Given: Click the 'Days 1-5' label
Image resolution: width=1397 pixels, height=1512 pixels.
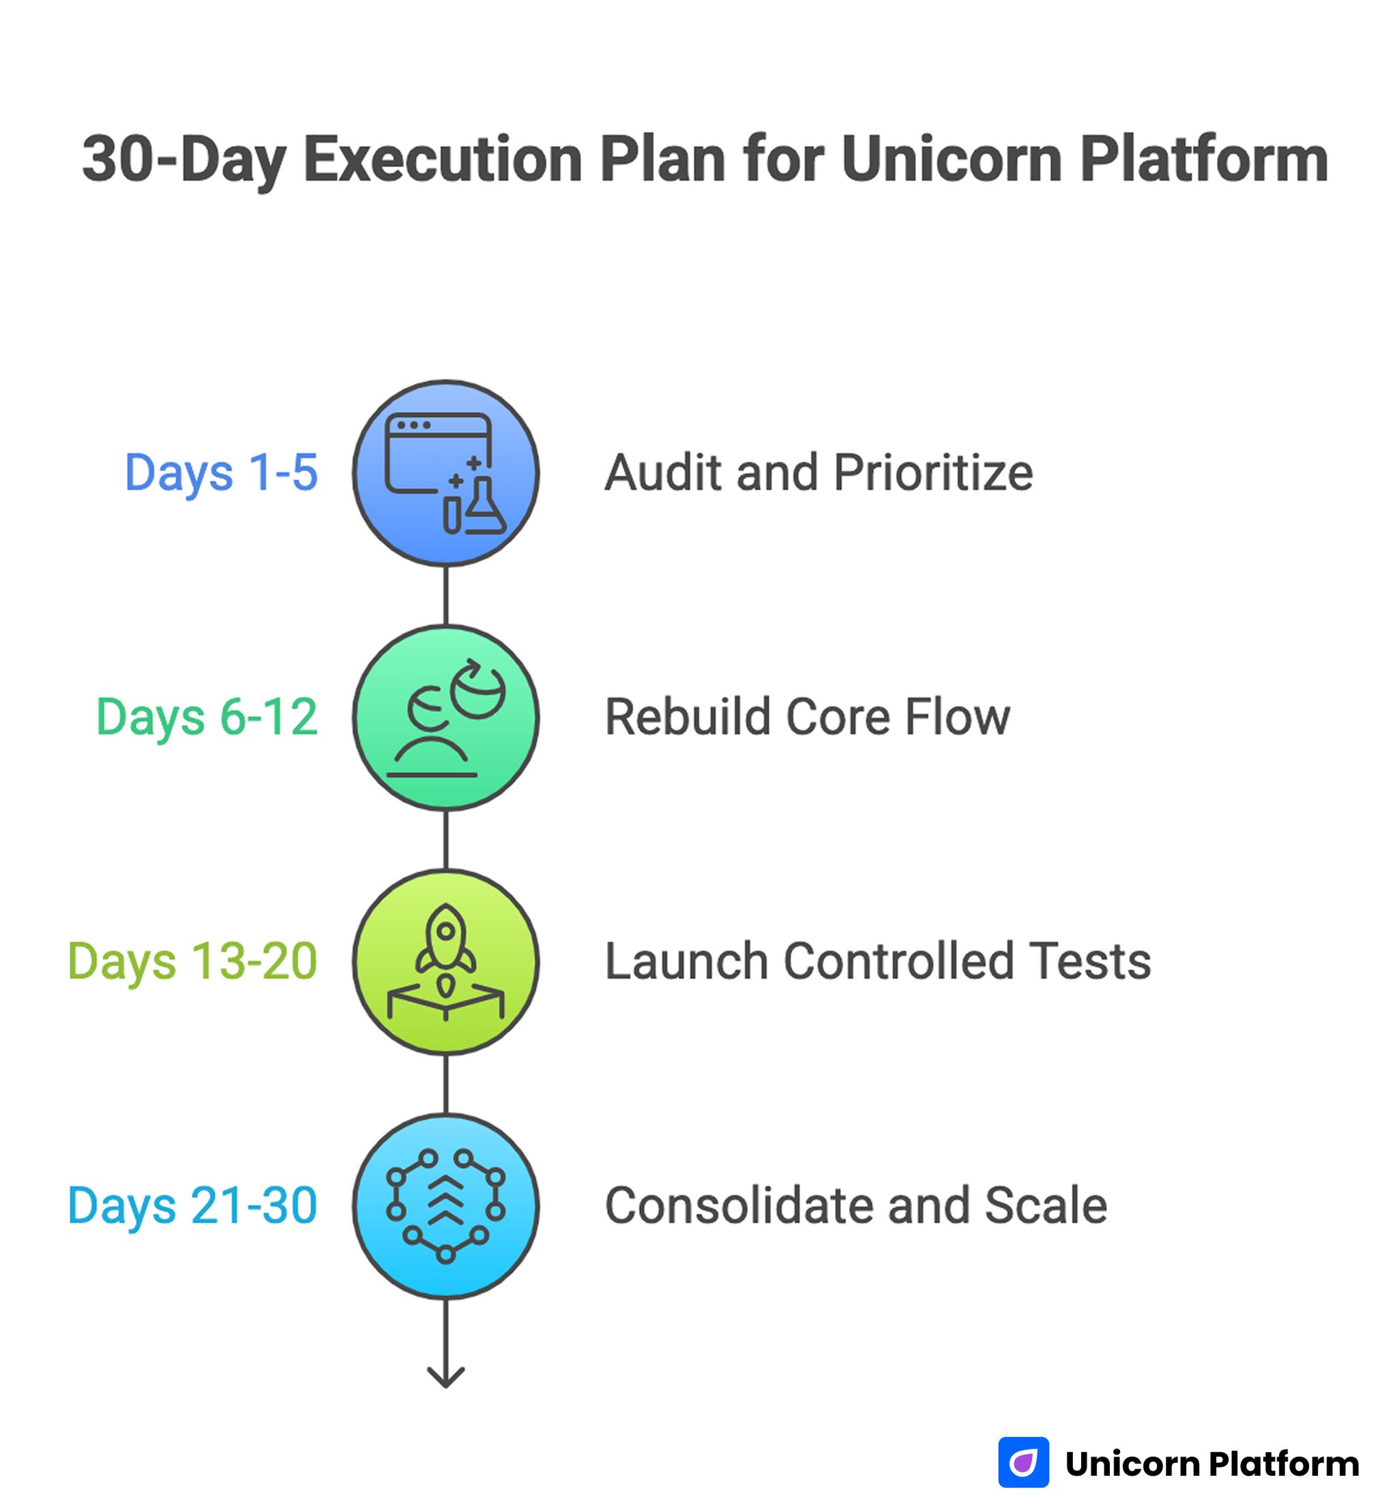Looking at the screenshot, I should point(221,473).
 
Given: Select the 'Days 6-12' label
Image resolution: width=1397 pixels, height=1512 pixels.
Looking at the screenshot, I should point(207,717).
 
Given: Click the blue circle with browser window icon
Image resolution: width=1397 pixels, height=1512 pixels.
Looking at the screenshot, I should point(445,473).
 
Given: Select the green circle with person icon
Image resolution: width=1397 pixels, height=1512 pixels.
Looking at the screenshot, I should point(445,718).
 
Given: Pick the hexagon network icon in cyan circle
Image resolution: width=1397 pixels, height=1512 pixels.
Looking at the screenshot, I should point(445,1206).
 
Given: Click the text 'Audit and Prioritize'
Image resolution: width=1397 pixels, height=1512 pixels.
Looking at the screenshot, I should point(819,473).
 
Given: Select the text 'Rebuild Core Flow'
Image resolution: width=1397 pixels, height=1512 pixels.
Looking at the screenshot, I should point(808,717).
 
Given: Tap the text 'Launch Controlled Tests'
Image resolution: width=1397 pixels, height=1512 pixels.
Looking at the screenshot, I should point(878,961).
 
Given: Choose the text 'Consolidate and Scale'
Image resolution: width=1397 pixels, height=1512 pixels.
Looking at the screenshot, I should point(856,1205).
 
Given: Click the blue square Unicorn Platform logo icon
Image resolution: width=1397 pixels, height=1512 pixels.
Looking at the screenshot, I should point(1023,1462).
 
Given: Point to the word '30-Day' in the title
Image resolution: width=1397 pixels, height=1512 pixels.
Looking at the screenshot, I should point(181,160).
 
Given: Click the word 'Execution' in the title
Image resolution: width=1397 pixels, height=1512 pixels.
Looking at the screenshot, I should point(442,160).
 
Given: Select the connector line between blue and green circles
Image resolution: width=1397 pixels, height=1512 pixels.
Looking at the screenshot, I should point(445,595).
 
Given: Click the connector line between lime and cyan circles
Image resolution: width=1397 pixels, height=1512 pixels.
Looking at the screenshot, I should point(445,1084).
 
